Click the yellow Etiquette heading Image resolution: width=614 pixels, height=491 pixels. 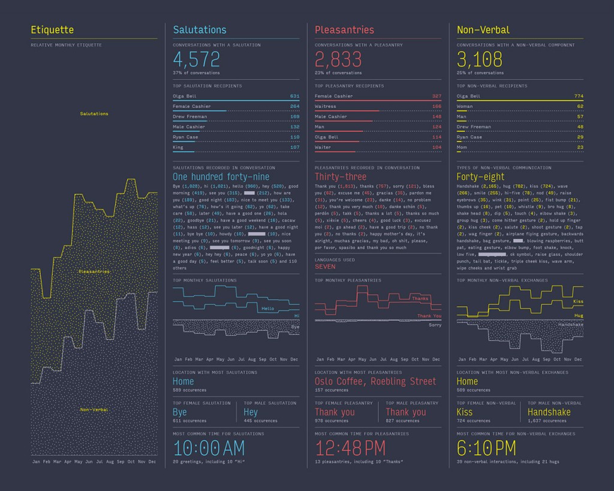53,29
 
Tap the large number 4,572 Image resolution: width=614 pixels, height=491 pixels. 196,59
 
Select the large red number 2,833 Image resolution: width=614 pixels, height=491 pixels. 338,59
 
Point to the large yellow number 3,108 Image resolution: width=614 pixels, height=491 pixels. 481,59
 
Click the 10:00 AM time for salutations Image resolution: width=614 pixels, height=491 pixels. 209,448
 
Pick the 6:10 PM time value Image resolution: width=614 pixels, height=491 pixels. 486,448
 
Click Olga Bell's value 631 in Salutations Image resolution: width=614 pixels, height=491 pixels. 294,96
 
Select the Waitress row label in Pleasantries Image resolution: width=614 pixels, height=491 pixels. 326,106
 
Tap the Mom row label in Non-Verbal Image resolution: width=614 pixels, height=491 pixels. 462,147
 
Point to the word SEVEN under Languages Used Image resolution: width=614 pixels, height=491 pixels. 325,267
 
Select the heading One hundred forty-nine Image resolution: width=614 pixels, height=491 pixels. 221,177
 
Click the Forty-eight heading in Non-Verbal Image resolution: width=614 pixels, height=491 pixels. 481,177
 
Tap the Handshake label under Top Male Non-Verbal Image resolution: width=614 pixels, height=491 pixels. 549,412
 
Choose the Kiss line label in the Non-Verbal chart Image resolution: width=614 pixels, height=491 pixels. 578,302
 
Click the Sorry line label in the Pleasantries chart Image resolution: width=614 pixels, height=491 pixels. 435,325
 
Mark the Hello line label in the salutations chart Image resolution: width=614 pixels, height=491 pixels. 267,309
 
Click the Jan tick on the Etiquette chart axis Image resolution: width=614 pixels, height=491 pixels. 35,462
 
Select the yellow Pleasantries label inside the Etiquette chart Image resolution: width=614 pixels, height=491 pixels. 94,272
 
